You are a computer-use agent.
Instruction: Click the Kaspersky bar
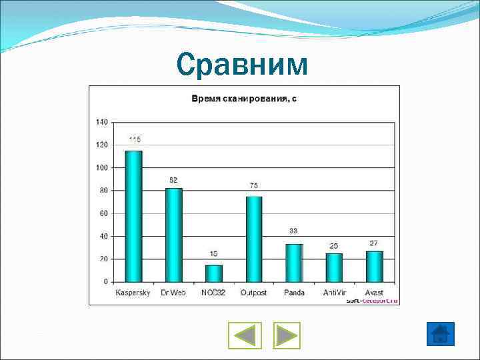pyautogui.click(x=134, y=216)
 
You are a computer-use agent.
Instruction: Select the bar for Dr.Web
pyautogui.click(x=174, y=235)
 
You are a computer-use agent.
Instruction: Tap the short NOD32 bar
pyautogui.click(x=214, y=273)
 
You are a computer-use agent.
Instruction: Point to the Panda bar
pyautogui.click(x=294, y=263)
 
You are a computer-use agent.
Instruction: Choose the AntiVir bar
pyautogui.click(x=334, y=267)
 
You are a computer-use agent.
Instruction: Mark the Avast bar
pyautogui.click(x=374, y=266)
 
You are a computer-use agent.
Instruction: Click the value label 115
pyautogui.click(x=135, y=139)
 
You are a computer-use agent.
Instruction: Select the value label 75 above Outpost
pyautogui.click(x=254, y=185)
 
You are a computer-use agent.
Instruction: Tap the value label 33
pyautogui.click(x=293, y=231)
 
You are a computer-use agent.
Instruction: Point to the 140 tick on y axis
pyautogui.click(x=101, y=122)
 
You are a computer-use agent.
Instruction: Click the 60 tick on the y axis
pyautogui.click(x=103, y=213)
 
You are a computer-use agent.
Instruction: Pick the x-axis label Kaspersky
pyautogui.click(x=133, y=293)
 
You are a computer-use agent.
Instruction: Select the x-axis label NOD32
pyautogui.click(x=214, y=293)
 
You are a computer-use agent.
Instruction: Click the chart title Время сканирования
pyautogui.click(x=244, y=99)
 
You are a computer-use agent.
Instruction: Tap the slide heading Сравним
pyautogui.click(x=243, y=65)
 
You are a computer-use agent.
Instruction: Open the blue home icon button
pyautogui.click(x=441, y=333)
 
